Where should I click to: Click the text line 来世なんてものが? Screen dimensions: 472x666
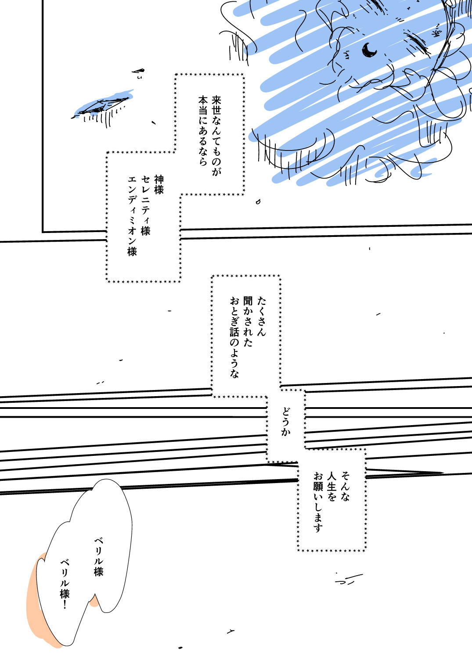pos(216,136)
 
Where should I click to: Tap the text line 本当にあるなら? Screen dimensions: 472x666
pos(203,131)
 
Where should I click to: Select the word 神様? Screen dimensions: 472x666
pos(159,185)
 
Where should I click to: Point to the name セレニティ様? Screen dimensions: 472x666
pos(145,205)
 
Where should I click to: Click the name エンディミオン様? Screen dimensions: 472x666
pos(132,216)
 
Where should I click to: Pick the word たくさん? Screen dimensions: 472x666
pos(261,316)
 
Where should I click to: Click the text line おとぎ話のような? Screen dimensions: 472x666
pos(234,337)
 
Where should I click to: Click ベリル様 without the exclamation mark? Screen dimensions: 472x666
pos(98,557)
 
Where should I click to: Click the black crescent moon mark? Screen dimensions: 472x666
pos(369,50)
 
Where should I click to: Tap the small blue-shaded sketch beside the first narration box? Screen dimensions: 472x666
pos(103,106)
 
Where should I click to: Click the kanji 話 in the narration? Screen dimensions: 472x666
pos(234,333)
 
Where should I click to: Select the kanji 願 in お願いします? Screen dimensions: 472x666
pos(318,487)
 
